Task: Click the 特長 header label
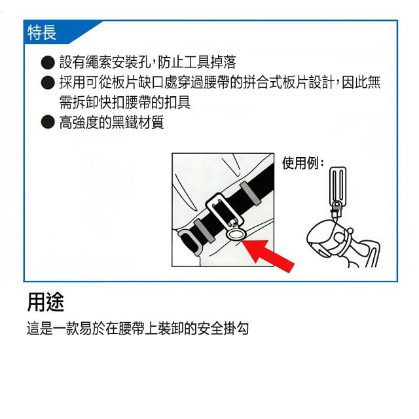(x=42, y=33)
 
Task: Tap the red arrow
(x=268, y=256)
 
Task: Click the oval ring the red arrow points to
(x=236, y=234)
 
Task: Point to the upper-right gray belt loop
(x=250, y=193)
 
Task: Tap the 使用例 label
(x=302, y=162)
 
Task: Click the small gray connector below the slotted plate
(x=337, y=208)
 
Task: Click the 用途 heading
(x=45, y=302)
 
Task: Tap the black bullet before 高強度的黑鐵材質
(x=48, y=122)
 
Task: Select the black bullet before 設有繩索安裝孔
(x=48, y=62)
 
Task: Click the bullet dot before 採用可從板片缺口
(x=48, y=82)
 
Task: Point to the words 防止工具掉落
(x=197, y=62)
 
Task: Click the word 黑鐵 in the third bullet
(x=124, y=122)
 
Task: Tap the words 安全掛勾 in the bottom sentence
(x=223, y=328)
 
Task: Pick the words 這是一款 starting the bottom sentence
(x=52, y=328)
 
